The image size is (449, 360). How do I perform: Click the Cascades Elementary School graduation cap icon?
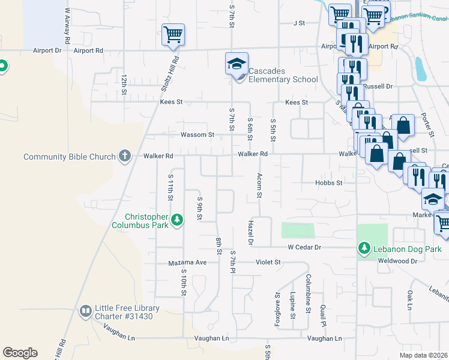click(x=237, y=63)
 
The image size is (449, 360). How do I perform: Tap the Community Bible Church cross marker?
click(x=125, y=157)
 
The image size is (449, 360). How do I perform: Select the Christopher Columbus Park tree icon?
click(x=177, y=220)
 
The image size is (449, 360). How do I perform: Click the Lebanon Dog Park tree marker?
click(x=364, y=248)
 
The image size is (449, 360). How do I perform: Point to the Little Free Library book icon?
click(x=86, y=310)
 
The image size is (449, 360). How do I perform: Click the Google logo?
click(x=20, y=353)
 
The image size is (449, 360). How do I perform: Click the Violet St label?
click(x=269, y=262)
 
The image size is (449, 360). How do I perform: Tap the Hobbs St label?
click(x=328, y=182)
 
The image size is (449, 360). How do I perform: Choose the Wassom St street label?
click(x=197, y=135)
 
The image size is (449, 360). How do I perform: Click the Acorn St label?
click(x=259, y=186)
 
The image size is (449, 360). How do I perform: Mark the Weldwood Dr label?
click(x=397, y=261)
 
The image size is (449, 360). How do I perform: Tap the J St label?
click(x=299, y=23)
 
